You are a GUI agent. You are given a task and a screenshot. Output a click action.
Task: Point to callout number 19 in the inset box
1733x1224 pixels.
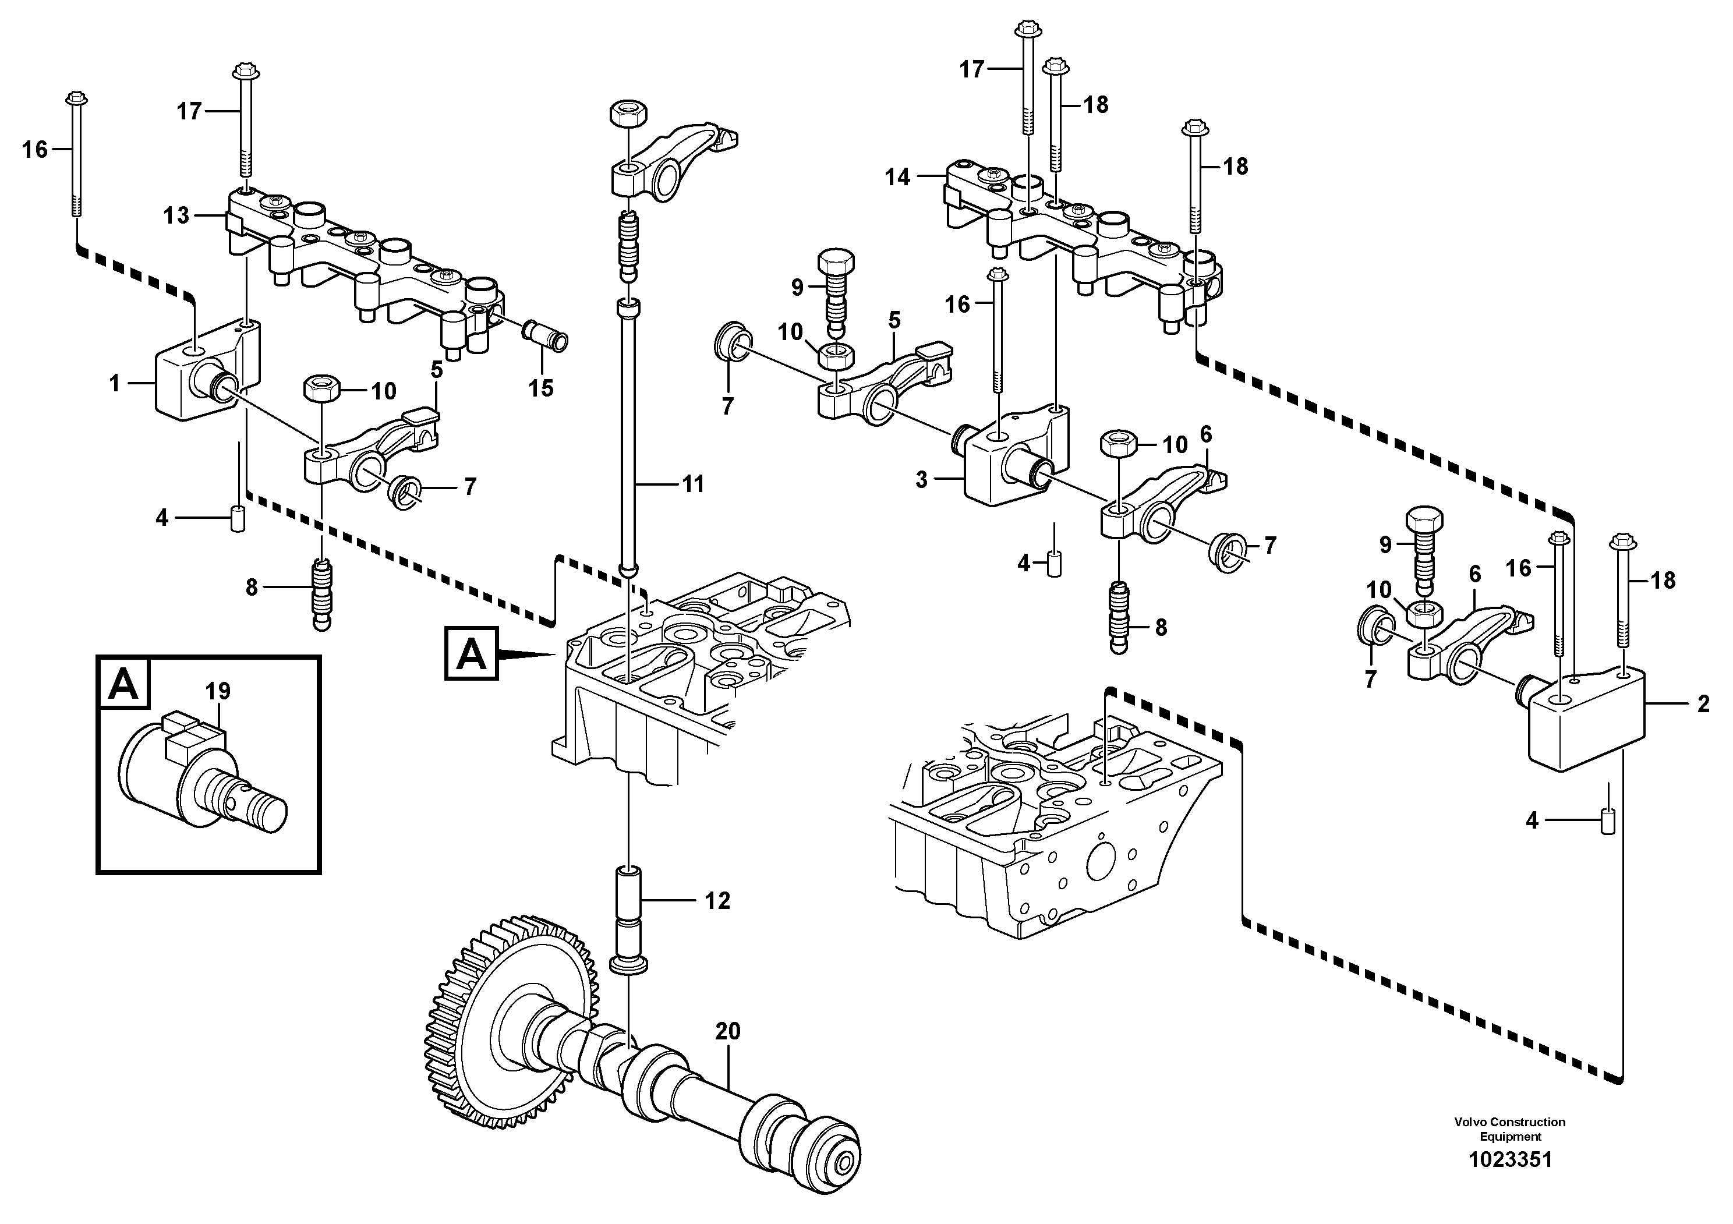pyautogui.click(x=218, y=691)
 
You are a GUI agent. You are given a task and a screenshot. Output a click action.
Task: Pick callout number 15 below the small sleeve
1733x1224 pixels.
pyautogui.click(x=540, y=388)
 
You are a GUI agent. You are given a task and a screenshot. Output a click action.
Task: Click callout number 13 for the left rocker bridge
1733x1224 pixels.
pyautogui.click(x=176, y=216)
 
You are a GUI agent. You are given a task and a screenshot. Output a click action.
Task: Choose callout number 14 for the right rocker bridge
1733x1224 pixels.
pyautogui.click(x=897, y=178)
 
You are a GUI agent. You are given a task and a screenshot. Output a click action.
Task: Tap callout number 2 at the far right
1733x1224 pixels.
pyautogui.click(x=1703, y=704)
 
